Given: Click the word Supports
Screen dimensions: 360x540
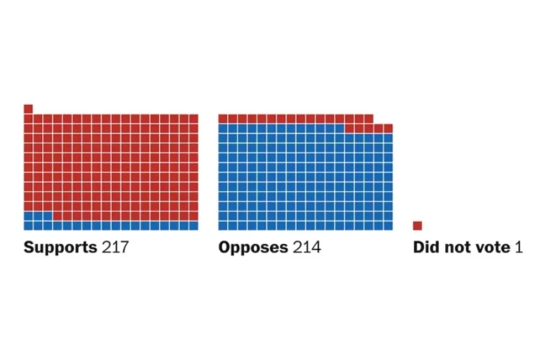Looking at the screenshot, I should pos(60,248).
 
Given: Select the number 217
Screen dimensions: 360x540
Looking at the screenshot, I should pos(115,248).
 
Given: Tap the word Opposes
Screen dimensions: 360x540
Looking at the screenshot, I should pos(253,248).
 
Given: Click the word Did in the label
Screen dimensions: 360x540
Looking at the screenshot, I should pos(426,248).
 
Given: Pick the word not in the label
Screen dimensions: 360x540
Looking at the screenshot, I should pos(455,248).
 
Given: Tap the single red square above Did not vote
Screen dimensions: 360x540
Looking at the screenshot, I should pos(418,225).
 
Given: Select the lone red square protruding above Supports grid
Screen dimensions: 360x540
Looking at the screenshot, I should pos(28,109).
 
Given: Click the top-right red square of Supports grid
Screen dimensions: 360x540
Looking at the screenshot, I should pos(194,119).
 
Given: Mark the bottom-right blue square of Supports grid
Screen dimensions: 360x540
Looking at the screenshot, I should pos(194,225).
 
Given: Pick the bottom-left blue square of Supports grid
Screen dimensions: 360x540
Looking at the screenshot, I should pos(28,225).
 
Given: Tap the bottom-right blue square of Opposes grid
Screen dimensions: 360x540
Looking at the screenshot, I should pos(388,225).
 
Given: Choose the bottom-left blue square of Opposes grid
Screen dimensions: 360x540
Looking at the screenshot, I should pos(223,225).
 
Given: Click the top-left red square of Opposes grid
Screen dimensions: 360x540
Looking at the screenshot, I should pos(223,119).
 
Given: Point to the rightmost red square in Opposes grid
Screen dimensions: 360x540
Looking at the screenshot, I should pos(388,128).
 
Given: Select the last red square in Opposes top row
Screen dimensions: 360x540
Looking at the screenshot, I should pos(369,119).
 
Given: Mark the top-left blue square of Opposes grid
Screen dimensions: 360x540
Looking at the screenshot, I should pos(223,128).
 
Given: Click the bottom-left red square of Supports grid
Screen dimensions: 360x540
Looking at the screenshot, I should pos(28,206).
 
